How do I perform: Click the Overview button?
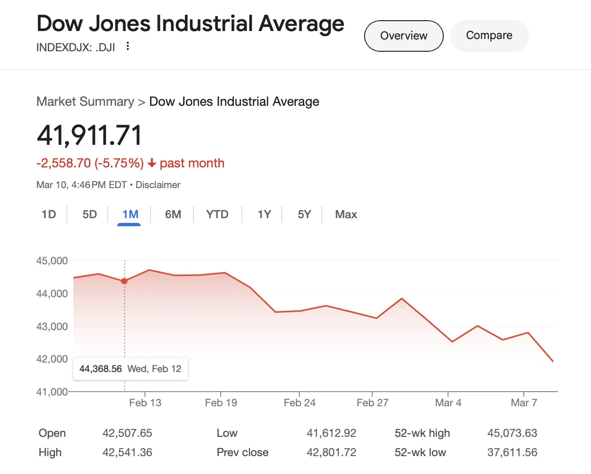click(x=404, y=36)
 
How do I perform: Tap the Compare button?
click(x=489, y=36)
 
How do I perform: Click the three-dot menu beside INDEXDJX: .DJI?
click(x=128, y=46)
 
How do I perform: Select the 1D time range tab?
click(x=48, y=214)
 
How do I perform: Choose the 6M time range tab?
click(x=173, y=214)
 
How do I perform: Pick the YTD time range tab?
click(x=217, y=214)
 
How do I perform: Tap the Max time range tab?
click(x=346, y=214)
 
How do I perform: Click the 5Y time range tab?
click(x=304, y=214)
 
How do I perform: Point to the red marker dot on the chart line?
click(x=124, y=281)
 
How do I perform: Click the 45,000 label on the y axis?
click(x=52, y=261)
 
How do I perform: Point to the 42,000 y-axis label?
click(x=52, y=359)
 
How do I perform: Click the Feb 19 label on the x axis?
click(x=221, y=403)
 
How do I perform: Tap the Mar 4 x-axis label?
click(x=448, y=403)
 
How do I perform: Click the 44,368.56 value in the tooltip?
click(x=100, y=369)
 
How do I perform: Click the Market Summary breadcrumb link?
click(x=85, y=102)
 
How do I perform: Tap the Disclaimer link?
click(x=158, y=185)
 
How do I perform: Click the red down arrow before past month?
click(x=152, y=163)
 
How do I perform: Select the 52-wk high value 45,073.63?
click(x=512, y=433)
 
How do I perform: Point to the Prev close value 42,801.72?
click(x=331, y=452)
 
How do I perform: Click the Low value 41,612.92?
click(x=331, y=433)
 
